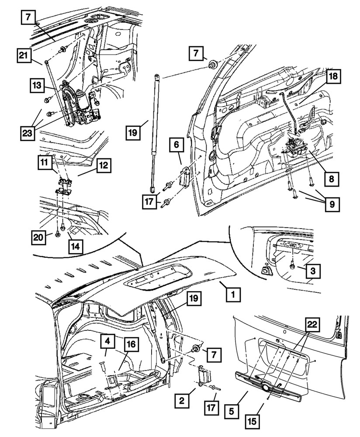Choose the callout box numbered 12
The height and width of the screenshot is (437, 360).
[x=104, y=166]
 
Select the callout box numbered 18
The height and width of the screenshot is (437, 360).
[x=333, y=76]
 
